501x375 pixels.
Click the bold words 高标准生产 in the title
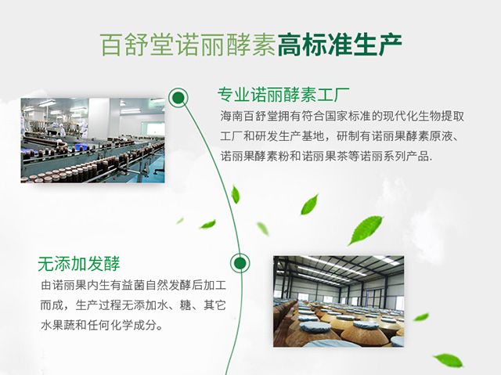pyautogui.click(x=339, y=45)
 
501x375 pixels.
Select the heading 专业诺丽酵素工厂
pyautogui.click(x=283, y=95)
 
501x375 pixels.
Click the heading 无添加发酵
pyautogui.click(x=78, y=264)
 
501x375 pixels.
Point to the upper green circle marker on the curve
pyautogui.click(x=178, y=97)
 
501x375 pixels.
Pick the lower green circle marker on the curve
pyautogui.click(x=240, y=263)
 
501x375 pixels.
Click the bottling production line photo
pyautogui.click(x=92, y=141)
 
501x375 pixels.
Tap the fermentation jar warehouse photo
pyautogui.click(x=339, y=301)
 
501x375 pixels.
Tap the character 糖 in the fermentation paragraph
pyautogui.click(x=186, y=305)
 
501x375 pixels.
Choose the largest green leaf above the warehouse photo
pyautogui.click(x=366, y=230)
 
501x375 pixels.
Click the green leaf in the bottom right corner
pyautogui.click(x=448, y=360)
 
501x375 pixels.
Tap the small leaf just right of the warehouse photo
pyautogui.click(x=421, y=317)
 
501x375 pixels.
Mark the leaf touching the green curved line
pyautogui.click(x=236, y=194)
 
